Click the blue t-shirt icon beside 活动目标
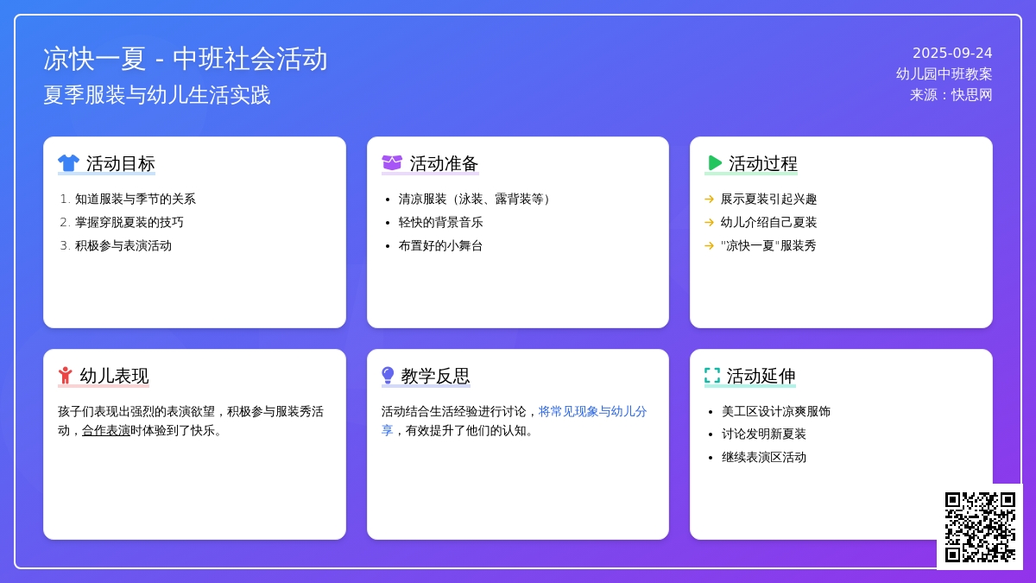coord(68,163)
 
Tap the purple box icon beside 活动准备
coord(392,163)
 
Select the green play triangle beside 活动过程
coord(715,163)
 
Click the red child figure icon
coord(66,375)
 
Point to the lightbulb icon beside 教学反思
coord(388,375)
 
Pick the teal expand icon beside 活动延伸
coord(712,375)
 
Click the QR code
coord(980,527)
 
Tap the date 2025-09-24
coord(952,54)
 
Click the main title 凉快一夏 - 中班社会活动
coord(185,60)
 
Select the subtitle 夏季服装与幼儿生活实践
coord(157,95)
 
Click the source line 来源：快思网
coord(951,95)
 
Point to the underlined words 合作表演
coord(106,431)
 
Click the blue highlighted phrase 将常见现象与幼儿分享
coord(514,421)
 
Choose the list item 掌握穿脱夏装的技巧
coord(129,223)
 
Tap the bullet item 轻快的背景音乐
coord(440,223)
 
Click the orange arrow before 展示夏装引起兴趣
coord(709,199)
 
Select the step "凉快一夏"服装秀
coord(768,245)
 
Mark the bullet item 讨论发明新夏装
coord(763,434)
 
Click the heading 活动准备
coord(444,163)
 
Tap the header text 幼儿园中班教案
coord(944,74)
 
